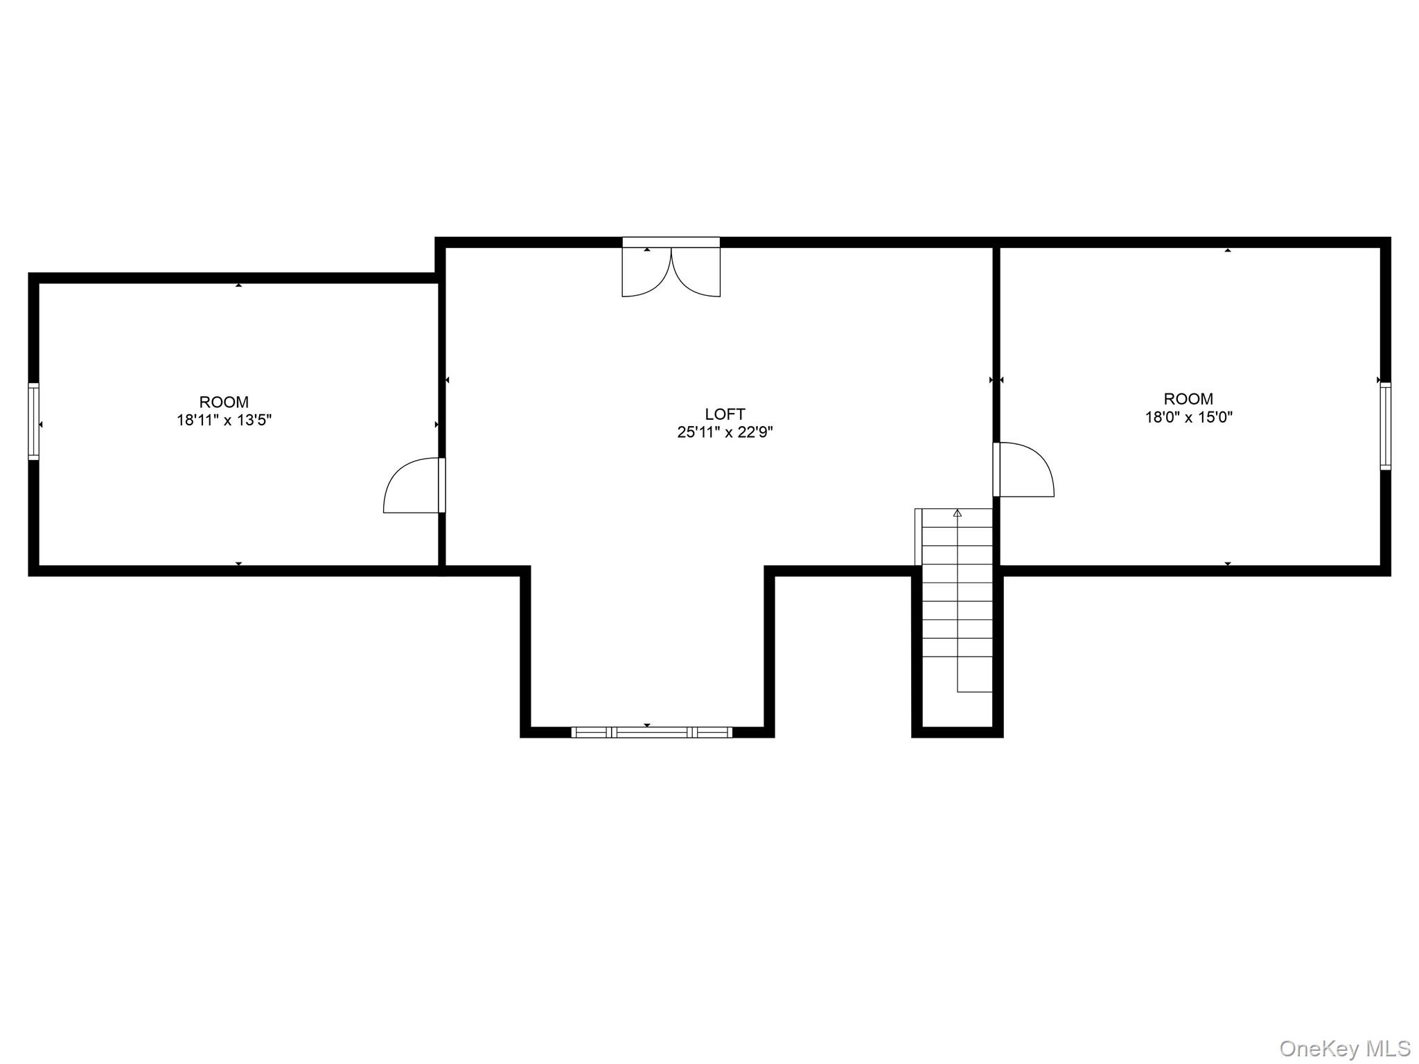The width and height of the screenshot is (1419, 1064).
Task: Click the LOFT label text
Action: [x=725, y=414]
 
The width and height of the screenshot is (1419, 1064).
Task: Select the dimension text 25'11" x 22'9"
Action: [x=725, y=432]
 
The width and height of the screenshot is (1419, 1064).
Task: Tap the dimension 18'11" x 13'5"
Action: [x=224, y=420]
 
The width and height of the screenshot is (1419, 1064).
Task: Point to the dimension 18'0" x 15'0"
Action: [x=1188, y=417]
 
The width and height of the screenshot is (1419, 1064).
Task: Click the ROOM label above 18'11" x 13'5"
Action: [x=224, y=402]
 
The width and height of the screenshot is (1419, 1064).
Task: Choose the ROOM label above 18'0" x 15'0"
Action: [x=1188, y=399]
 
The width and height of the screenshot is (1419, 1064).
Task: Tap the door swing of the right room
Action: [x=1024, y=470]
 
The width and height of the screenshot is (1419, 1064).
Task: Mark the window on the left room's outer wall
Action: [x=33, y=421]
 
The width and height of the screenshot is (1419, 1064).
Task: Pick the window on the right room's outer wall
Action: [x=1385, y=426]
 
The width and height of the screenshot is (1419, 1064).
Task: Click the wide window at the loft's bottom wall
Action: [x=651, y=732]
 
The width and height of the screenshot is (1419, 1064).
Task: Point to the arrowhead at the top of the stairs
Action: [x=958, y=513]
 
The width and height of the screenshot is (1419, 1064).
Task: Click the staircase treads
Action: [x=958, y=603]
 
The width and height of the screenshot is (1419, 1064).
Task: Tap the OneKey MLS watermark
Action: [x=1345, y=1048]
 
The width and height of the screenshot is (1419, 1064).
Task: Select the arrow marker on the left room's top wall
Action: [x=238, y=285]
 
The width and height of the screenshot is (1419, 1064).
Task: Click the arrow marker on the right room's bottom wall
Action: [x=1228, y=564]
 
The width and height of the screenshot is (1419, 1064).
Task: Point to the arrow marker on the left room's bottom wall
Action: [x=238, y=564]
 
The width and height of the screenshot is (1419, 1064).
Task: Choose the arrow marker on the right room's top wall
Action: [x=1228, y=249]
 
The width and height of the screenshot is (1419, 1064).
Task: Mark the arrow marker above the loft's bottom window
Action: [x=647, y=725]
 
